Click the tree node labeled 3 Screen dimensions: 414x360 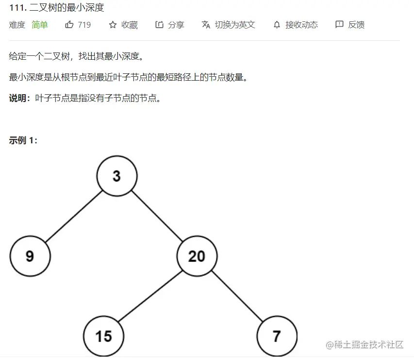(117, 176)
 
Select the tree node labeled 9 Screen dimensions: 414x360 (30, 256)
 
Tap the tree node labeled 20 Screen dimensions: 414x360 (197, 256)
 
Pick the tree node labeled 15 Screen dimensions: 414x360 (103, 336)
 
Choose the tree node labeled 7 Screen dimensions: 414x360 (277, 336)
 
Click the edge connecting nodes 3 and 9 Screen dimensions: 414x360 (74, 216)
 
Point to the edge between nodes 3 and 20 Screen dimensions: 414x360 (157, 216)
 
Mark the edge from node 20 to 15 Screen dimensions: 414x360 (150, 296)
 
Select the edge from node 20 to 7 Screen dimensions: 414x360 (237, 296)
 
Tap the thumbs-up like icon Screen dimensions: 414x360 (69, 25)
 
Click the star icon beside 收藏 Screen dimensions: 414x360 (113, 25)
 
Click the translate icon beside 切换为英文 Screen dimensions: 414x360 (206, 25)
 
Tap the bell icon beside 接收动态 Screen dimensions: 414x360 (277, 25)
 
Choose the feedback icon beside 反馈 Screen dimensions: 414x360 (339, 24)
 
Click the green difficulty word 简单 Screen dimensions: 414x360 (40, 25)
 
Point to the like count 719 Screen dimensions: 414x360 (84, 25)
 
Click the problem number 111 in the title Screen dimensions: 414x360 (17, 8)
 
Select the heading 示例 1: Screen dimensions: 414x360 (23, 140)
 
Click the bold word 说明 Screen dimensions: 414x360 (17, 98)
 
